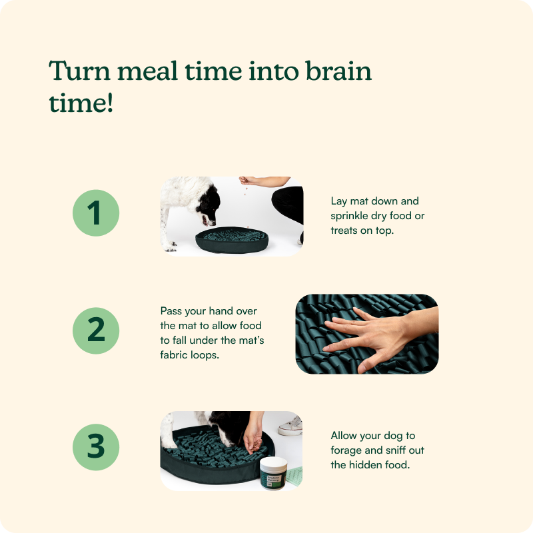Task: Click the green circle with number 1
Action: pyautogui.click(x=96, y=213)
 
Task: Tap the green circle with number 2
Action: pyautogui.click(x=96, y=330)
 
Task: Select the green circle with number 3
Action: pyautogui.click(x=96, y=447)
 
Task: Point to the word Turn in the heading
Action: pyautogui.click(x=80, y=71)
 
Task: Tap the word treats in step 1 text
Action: pyautogui.click(x=344, y=231)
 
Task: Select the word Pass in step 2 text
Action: pyautogui.click(x=171, y=311)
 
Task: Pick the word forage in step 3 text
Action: pyautogui.click(x=346, y=450)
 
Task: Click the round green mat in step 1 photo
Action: pyautogui.click(x=232, y=240)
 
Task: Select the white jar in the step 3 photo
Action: pyautogui.click(x=274, y=472)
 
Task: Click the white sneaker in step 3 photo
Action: pyautogui.click(x=290, y=426)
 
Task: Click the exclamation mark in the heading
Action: pyautogui.click(x=110, y=102)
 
